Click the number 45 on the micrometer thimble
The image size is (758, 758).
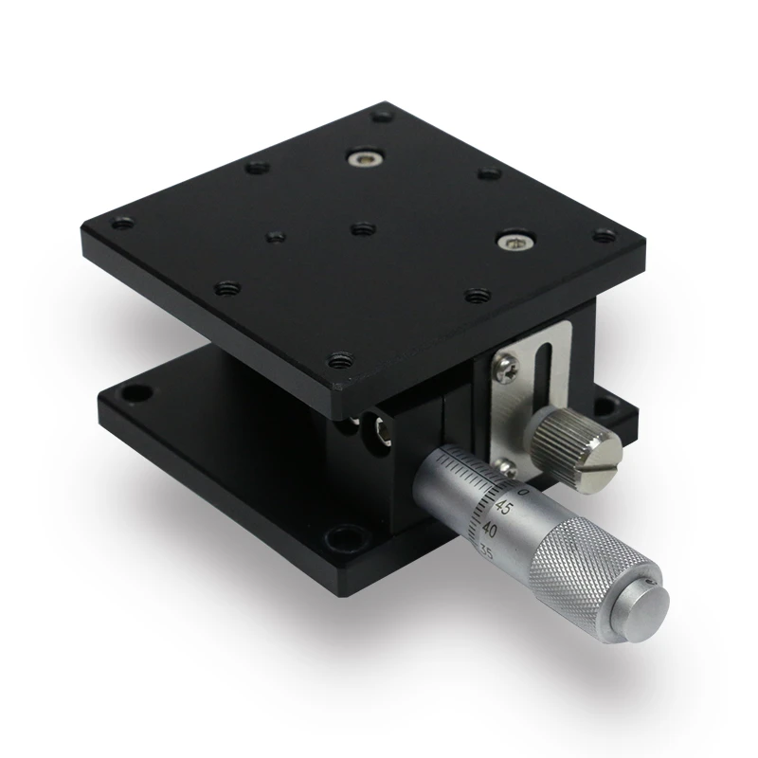(x=504, y=509)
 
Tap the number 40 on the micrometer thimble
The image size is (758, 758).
(x=492, y=530)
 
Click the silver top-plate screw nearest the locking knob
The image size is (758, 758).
(x=515, y=244)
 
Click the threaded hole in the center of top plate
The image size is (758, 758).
(x=360, y=228)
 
